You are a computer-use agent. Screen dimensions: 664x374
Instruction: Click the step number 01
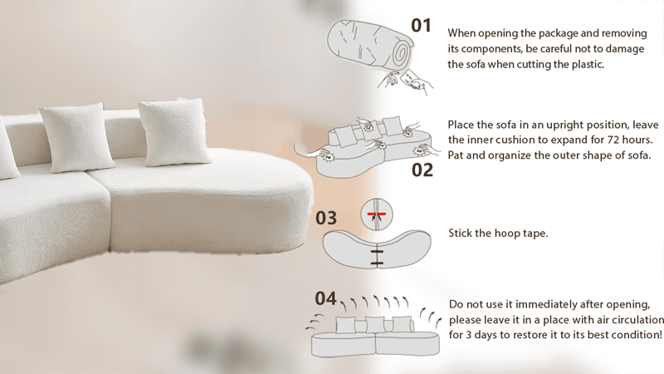[x=421, y=26]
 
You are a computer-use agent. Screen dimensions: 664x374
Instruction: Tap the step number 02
[x=422, y=170]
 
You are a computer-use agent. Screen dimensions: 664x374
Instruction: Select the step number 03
[x=326, y=218]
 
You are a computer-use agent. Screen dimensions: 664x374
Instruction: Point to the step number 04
[x=325, y=298]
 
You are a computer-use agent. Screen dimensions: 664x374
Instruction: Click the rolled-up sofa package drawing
[x=369, y=46]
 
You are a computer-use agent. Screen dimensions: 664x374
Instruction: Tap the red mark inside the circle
[x=377, y=214]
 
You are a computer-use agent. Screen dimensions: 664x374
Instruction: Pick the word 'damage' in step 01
[x=625, y=49]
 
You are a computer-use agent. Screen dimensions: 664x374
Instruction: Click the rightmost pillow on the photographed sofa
[x=174, y=132]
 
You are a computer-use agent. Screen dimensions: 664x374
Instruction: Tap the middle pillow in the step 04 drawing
[x=375, y=325]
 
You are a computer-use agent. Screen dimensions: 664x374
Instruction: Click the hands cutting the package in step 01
[x=405, y=81]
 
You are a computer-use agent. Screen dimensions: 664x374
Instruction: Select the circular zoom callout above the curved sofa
[x=377, y=214]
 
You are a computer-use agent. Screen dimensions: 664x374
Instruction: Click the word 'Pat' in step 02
[x=456, y=155]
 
